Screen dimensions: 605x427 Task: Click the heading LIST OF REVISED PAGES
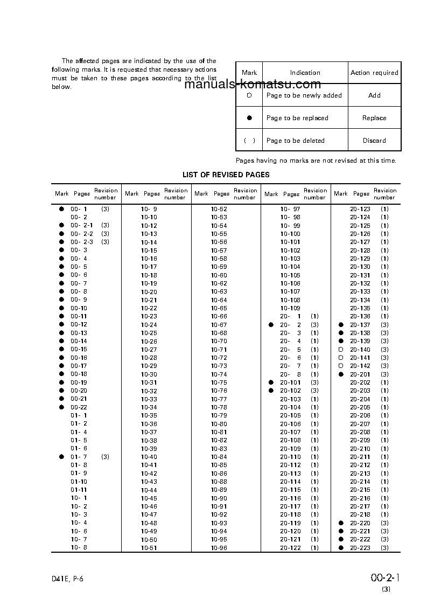point(226,175)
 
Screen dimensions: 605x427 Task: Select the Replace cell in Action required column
point(374,118)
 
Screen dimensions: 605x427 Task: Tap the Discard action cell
point(374,141)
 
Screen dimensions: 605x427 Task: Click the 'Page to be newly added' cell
point(304,95)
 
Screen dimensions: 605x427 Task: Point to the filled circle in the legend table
point(249,118)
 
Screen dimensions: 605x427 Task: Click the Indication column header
point(305,73)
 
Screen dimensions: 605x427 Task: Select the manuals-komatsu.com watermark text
point(253,84)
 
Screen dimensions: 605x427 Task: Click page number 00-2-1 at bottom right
point(386,578)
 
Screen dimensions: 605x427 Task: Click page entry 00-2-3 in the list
point(81,242)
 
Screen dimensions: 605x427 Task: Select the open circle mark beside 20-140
point(340,350)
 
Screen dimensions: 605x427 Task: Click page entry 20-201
point(360,374)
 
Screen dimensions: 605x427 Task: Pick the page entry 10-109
point(290,308)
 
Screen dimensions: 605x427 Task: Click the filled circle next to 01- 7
point(61,457)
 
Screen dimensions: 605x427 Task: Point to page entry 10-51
point(149,548)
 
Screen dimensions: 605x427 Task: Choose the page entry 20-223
point(360,548)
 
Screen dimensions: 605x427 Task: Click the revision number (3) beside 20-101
point(314,383)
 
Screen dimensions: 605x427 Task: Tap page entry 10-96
point(219,548)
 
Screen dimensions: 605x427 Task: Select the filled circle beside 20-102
point(271,391)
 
